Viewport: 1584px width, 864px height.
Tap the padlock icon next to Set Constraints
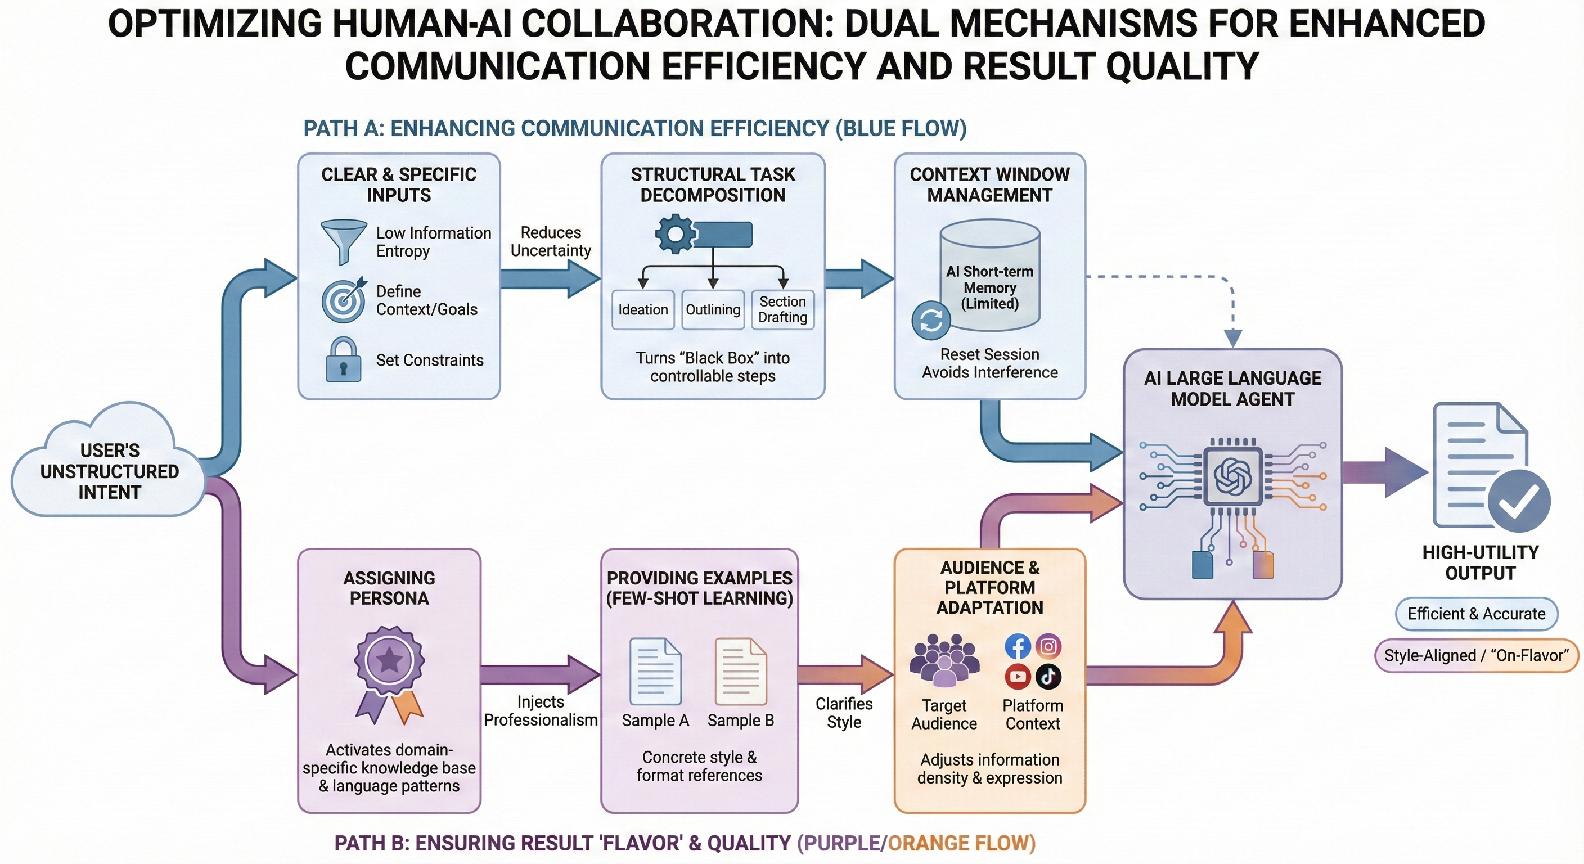[x=343, y=360]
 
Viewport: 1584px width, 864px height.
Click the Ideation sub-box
[x=642, y=309]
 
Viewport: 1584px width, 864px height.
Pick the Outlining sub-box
[x=713, y=309]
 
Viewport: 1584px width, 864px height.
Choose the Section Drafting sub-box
[x=783, y=309]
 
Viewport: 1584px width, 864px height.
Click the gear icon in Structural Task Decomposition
[x=675, y=233]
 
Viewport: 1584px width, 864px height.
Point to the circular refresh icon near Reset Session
[x=931, y=319]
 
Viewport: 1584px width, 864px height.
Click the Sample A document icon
[x=655, y=672]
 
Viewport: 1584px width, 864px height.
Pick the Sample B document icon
[x=740, y=672]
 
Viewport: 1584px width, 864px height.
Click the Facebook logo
[x=1018, y=646]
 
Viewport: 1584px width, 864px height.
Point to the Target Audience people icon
[x=944, y=660]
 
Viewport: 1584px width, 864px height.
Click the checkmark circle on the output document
[x=1518, y=501]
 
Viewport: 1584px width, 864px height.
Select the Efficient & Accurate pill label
[x=1477, y=614]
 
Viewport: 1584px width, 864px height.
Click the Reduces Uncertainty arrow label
[x=550, y=241]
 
